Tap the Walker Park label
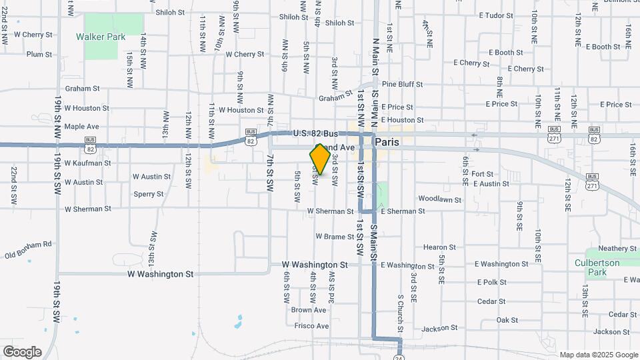[x=101, y=37]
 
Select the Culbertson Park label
[x=607, y=267]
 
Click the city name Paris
[x=387, y=142]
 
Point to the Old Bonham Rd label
[x=28, y=250]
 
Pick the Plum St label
[x=39, y=54]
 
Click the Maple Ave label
[x=81, y=126]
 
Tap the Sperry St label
[x=148, y=194]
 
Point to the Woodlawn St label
[x=440, y=199]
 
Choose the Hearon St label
[x=439, y=247]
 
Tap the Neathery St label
[x=618, y=248]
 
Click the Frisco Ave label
[x=313, y=326]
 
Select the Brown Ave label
[x=309, y=310]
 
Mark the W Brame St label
[x=335, y=237]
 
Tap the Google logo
[x=22, y=352]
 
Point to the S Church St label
[x=401, y=313]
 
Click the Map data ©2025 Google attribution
[x=598, y=355]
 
